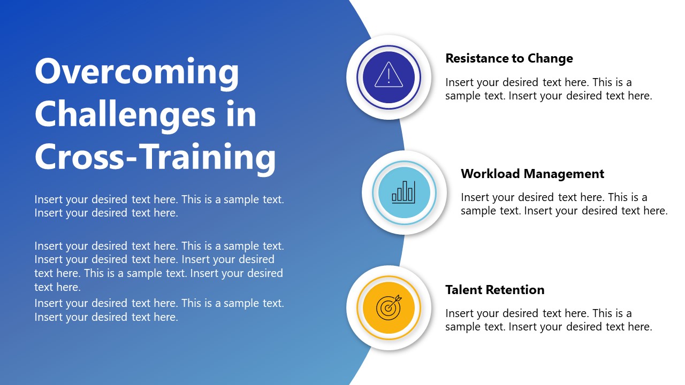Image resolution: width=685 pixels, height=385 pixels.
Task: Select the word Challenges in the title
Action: tap(126, 114)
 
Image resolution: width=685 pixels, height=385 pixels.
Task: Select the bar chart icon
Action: tap(404, 192)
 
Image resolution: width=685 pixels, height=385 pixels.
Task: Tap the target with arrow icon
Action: tap(389, 308)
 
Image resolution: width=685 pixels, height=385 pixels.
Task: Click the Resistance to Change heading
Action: tap(509, 58)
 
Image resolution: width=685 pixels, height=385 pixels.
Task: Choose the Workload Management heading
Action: tap(532, 174)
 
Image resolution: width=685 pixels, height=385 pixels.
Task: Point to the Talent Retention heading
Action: tap(494, 290)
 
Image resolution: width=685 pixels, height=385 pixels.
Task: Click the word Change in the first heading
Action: tap(550, 58)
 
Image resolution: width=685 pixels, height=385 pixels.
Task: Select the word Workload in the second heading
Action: tap(490, 174)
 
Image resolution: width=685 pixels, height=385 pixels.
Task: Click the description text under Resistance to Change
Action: tap(549, 89)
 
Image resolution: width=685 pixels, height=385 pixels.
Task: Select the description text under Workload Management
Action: tap(564, 204)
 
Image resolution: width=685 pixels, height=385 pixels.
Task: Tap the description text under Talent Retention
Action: tap(549, 320)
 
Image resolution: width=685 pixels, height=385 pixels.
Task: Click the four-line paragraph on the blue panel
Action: tap(159, 266)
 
